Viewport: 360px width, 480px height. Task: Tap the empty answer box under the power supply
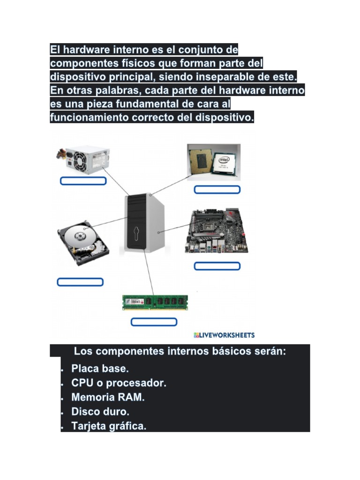[x=83, y=181]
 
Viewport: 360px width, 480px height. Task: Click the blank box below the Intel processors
[x=217, y=189]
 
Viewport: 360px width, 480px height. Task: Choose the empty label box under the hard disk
[x=80, y=282]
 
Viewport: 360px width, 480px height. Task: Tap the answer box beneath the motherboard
[x=217, y=266]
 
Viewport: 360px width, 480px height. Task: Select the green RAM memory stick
[x=155, y=302]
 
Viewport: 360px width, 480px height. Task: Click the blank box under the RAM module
[x=154, y=322]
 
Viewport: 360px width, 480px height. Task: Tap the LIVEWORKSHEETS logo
[x=224, y=335]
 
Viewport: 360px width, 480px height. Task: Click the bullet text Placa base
[x=100, y=368]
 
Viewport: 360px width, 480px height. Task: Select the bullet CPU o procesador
[x=119, y=383]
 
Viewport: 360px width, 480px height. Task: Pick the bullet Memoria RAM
[x=108, y=397]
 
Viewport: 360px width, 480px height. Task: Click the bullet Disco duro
[x=100, y=412]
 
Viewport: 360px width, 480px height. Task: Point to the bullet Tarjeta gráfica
[x=109, y=427]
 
